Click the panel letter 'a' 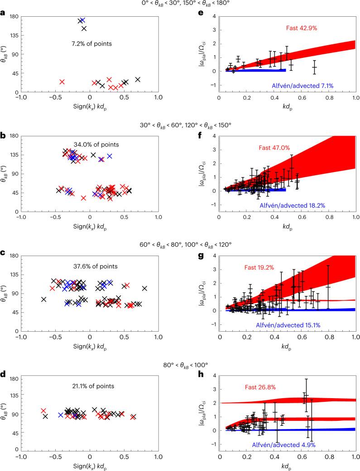(3, 13)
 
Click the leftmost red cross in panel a (62, 82)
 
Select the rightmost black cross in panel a (138, 80)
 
